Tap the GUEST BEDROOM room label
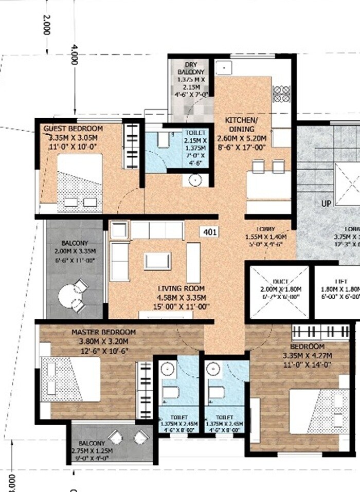click(x=73, y=128)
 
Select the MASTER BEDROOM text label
click(x=103, y=332)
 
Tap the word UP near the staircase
click(x=326, y=204)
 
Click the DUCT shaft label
click(x=280, y=282)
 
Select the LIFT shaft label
click(x=340, y=282)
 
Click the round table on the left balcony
click(x=69, y=297)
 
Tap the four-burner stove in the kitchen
click(x=281, y=95)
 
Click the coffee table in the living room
click(x=157, y=261)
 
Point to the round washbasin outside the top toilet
click(x=195, y=180)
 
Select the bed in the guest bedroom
click(x=80, y=183)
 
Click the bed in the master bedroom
click(x=72, y=379)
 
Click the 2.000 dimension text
click(x=46, y=24)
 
